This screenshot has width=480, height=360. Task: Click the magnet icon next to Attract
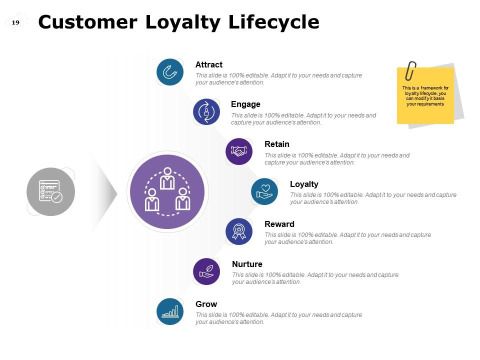pos(170,72)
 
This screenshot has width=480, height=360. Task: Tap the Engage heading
pos(245,104)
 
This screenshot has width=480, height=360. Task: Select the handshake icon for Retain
pos(239,151)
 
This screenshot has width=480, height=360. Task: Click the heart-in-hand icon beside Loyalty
pos(264,191)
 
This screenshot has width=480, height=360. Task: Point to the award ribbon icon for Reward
pos(239,231)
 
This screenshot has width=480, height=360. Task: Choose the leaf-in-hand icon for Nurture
pos(206,271)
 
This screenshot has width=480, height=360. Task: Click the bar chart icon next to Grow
pos(170,311)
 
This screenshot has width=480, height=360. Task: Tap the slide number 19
pos(15,22)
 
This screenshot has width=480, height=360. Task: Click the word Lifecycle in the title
pos(273,22)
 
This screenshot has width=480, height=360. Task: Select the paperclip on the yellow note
pos(410,71)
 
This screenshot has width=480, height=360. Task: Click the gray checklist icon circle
pos(50,191)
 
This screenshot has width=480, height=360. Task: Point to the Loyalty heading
pos(304,184)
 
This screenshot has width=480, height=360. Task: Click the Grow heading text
pos(206,304)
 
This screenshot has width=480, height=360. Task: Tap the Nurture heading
pos(247,264)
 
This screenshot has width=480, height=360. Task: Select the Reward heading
pos(279,224)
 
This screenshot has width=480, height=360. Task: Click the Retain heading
pos(276,144)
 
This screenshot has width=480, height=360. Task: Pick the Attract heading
pos(208,65)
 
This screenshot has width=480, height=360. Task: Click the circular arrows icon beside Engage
pos(206,111)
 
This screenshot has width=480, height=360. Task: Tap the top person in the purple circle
pos(167,178)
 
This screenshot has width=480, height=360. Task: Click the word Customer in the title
pos(87,22)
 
